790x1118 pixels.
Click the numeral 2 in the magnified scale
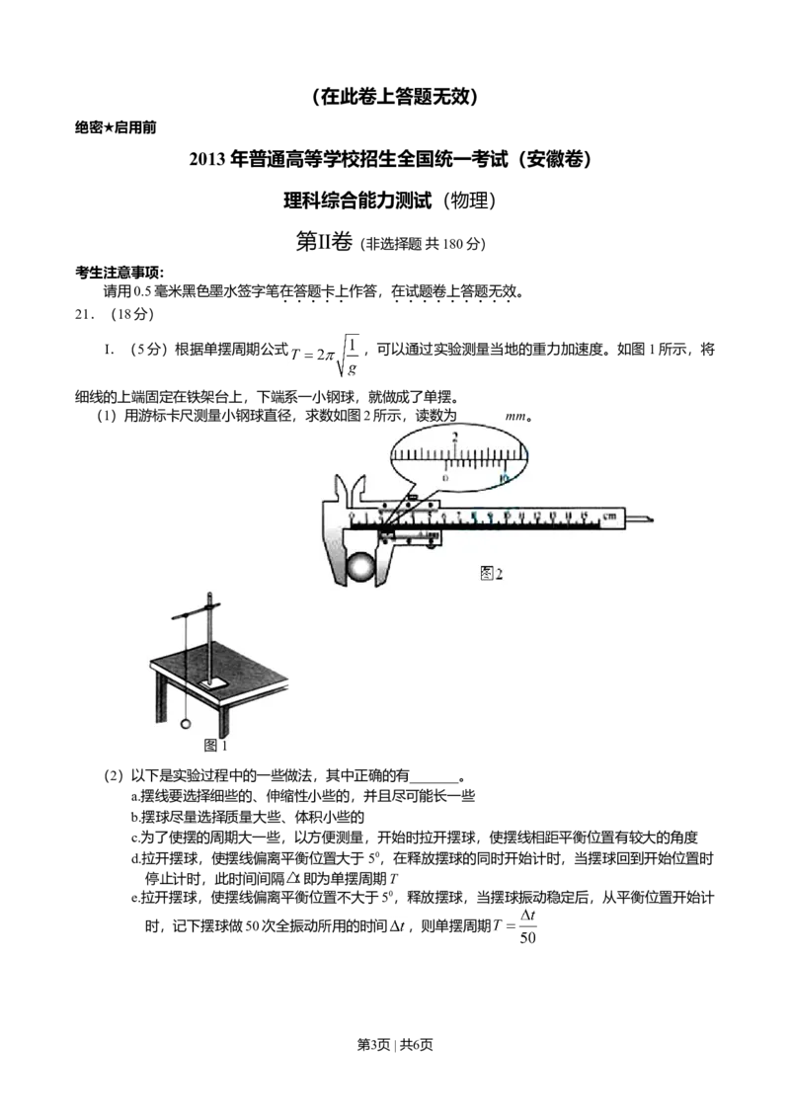[454, 437]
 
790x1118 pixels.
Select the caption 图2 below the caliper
[491, 574]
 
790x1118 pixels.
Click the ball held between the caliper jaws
[361, 570]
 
